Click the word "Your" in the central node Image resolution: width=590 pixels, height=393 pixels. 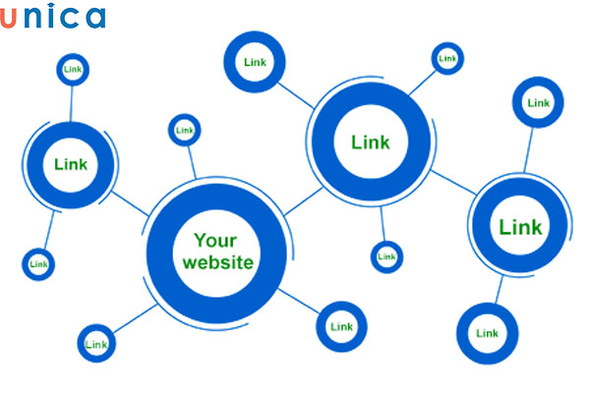click(x=215, y=240)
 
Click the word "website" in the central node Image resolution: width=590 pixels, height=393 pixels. click(x=217, y=262)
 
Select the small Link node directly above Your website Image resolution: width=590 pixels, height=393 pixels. click(x=184, y=129)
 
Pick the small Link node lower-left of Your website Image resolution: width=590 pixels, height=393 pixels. click(x=96, y=343)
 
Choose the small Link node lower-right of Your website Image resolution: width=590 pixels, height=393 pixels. click(x=340, y=326)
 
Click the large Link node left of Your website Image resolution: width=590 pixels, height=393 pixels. click(x=70, y=164)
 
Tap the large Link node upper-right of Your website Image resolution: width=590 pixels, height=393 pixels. click(x=370, y=142)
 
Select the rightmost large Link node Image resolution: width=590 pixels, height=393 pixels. click(x=519, y=228)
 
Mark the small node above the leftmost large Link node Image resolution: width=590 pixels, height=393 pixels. click(x=73, y=70)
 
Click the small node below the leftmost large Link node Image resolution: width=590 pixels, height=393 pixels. click(x=38, y=263)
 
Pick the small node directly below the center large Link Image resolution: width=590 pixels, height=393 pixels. click(x=387, y=256)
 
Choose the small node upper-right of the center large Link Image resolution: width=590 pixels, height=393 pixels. click(x=447, y=59)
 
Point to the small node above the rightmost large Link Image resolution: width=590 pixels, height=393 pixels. click(x=538, y=102)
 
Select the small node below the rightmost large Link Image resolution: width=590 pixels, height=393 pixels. click(x=487, y=333)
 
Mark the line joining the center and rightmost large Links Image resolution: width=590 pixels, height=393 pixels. click(x=451, y=183)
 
